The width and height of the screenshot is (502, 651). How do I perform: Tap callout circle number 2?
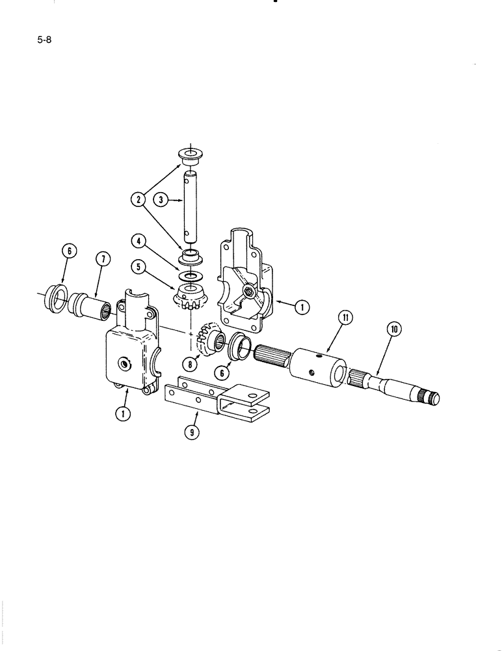[x=139, y=200]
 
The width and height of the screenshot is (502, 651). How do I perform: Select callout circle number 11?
[x=345, y=318]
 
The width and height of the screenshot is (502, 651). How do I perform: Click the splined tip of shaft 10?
[x=432, y=396]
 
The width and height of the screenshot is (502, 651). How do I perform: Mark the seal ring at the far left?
[x=57, y=301]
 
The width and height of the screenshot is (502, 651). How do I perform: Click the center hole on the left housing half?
[x=122, y=361]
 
